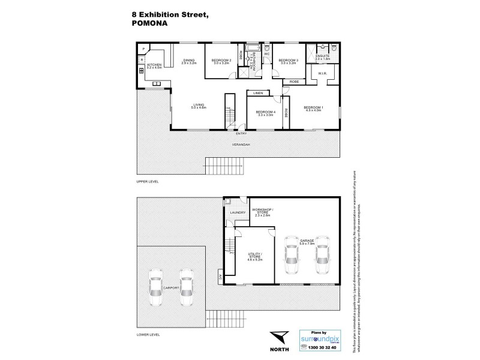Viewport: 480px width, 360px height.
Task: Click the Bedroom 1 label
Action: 314,108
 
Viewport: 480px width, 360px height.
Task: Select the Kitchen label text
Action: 155,65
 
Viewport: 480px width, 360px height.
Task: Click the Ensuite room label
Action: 323,56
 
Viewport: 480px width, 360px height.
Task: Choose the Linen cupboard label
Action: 258,94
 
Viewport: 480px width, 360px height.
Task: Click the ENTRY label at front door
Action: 241,134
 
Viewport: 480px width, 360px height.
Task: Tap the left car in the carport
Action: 156,287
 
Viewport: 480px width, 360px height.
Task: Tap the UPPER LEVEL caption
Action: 147,181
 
